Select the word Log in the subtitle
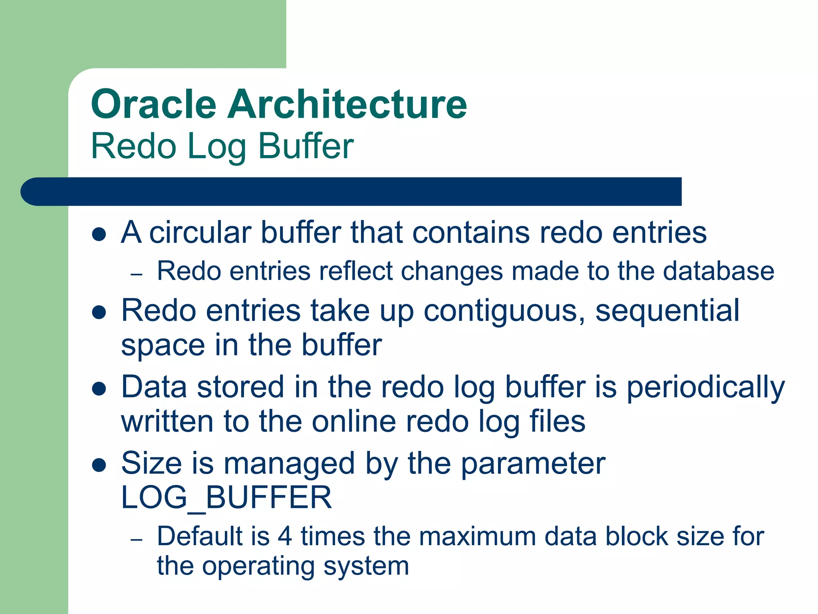(x=216, y=146)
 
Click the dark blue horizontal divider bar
(x=351, y=191)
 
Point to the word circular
(x=201, y=232)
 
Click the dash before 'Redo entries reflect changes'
(x=137, y=275)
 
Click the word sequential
(x=667, y=311)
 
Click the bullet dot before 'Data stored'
(x=99, y=388)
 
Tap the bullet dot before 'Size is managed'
(x=99, y=465)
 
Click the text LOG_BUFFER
(x=226, y=498)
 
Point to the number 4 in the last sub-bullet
(x=285, y=536)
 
